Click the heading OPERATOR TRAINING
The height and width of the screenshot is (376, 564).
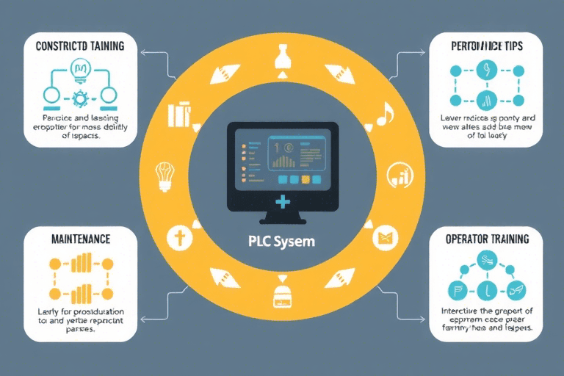[488, 239]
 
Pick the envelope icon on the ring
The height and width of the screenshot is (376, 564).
[386, 236]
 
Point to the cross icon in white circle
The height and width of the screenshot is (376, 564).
[178, 237]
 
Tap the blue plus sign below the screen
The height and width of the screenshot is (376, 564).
[282, 201]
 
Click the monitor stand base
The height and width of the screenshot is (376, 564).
[282, 219]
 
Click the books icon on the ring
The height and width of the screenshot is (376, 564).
[180, 115]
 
